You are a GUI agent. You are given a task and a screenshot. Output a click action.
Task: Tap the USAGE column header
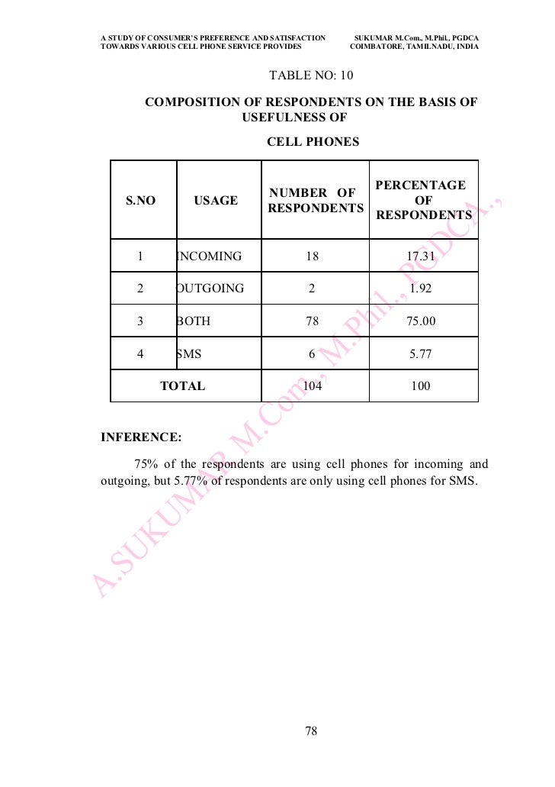[216, 201]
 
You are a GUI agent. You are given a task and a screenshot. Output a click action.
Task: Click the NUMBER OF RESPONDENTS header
[315, 200]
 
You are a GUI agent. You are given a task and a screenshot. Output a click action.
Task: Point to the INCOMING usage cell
[209, 256]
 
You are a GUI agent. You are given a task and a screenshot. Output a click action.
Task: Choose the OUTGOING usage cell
[210, 289]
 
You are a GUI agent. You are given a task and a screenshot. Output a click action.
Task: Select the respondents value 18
[312, 256]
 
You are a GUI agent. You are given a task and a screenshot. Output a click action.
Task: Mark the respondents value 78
[312, 321]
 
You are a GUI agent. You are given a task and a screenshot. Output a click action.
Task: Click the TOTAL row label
[182, 386]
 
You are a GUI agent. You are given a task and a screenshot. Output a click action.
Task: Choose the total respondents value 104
[313, 386]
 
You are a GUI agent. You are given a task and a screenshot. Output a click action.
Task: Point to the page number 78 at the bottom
[310, 731]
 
